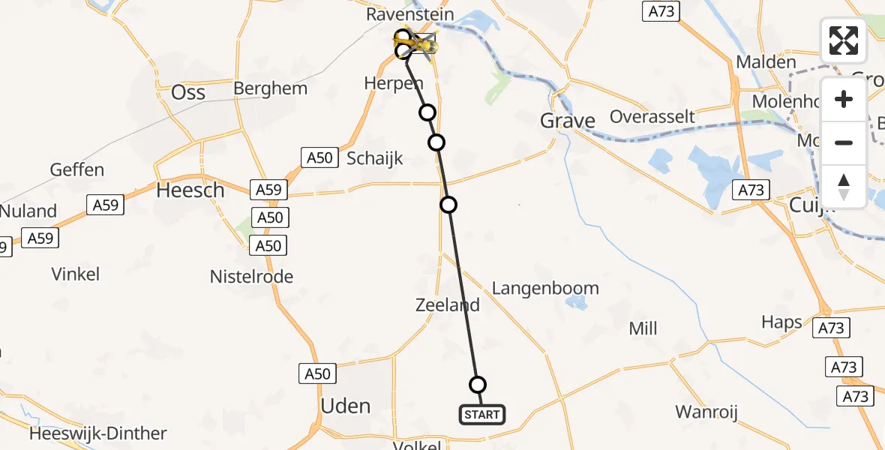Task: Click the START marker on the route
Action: click(x=481, y=414)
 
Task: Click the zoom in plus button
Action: click(x=844, y=99)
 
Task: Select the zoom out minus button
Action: click(x=844, y=142)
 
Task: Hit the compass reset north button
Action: click(x=844, y=187)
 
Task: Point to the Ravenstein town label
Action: click(x=410, y=14)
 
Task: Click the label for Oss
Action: click(x=188, y=91)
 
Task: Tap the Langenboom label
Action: click(x=545, y=288)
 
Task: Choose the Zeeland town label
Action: click(x=448, y=305)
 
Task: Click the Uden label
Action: click(x=346, y=406)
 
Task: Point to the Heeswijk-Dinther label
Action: click(x=98, y=433)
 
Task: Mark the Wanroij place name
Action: click(x=707, y=412)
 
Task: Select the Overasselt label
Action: click(x=652, y=116)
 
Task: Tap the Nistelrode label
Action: click(x=251, y=277)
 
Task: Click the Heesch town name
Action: click(x=190, y=190)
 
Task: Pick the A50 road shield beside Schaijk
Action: click(x=318, y=157)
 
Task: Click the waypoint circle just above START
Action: click(x=478, y=385)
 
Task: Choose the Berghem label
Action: click(x=271, y=88)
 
